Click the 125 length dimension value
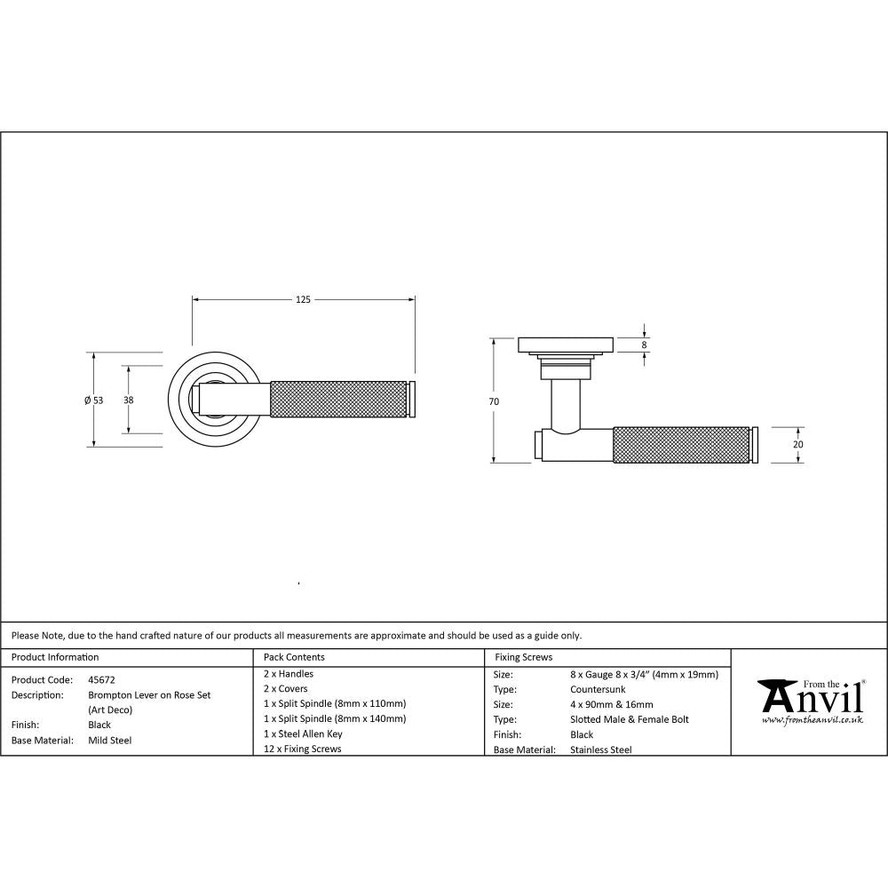pos(303,300)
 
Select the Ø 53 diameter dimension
pos(93,400)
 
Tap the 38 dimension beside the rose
pos(129,400)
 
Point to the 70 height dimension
pos(494,401)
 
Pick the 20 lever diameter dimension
pos(797,444)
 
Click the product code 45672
pos(101,679)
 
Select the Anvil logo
pos(810,697)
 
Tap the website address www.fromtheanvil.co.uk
pos(812,720)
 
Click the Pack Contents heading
pos(294,657)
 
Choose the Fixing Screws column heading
pos(523,657)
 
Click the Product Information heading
pos(54,657)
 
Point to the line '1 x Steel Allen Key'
pos(303,733)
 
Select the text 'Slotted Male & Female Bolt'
pos(629,719)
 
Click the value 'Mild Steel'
pos(109,740)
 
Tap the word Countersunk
pos(598,689)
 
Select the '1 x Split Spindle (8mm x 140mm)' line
pos(335,718)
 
